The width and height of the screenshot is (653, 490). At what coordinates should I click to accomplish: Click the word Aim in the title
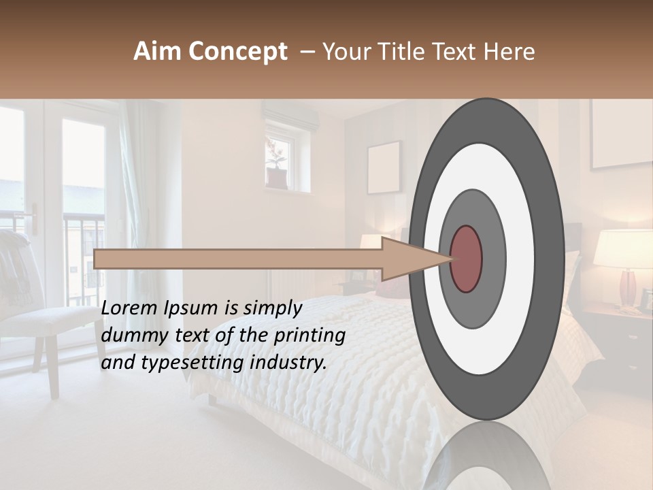[157, 52]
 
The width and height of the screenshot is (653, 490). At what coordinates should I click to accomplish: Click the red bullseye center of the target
[466, 259]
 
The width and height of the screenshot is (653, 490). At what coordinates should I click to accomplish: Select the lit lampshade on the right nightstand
[622, 248]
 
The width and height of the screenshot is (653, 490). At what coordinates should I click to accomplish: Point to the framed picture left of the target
[384, 167]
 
